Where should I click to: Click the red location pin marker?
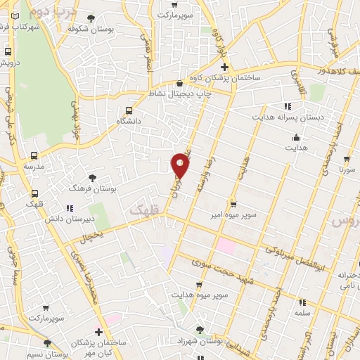(x=181, y=165)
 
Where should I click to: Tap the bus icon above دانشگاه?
(x=128, y=110)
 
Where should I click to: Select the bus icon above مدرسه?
(x=34, y=155)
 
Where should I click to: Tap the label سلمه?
(x=303, y=311)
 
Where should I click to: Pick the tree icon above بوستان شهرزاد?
(x=200, y=329)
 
